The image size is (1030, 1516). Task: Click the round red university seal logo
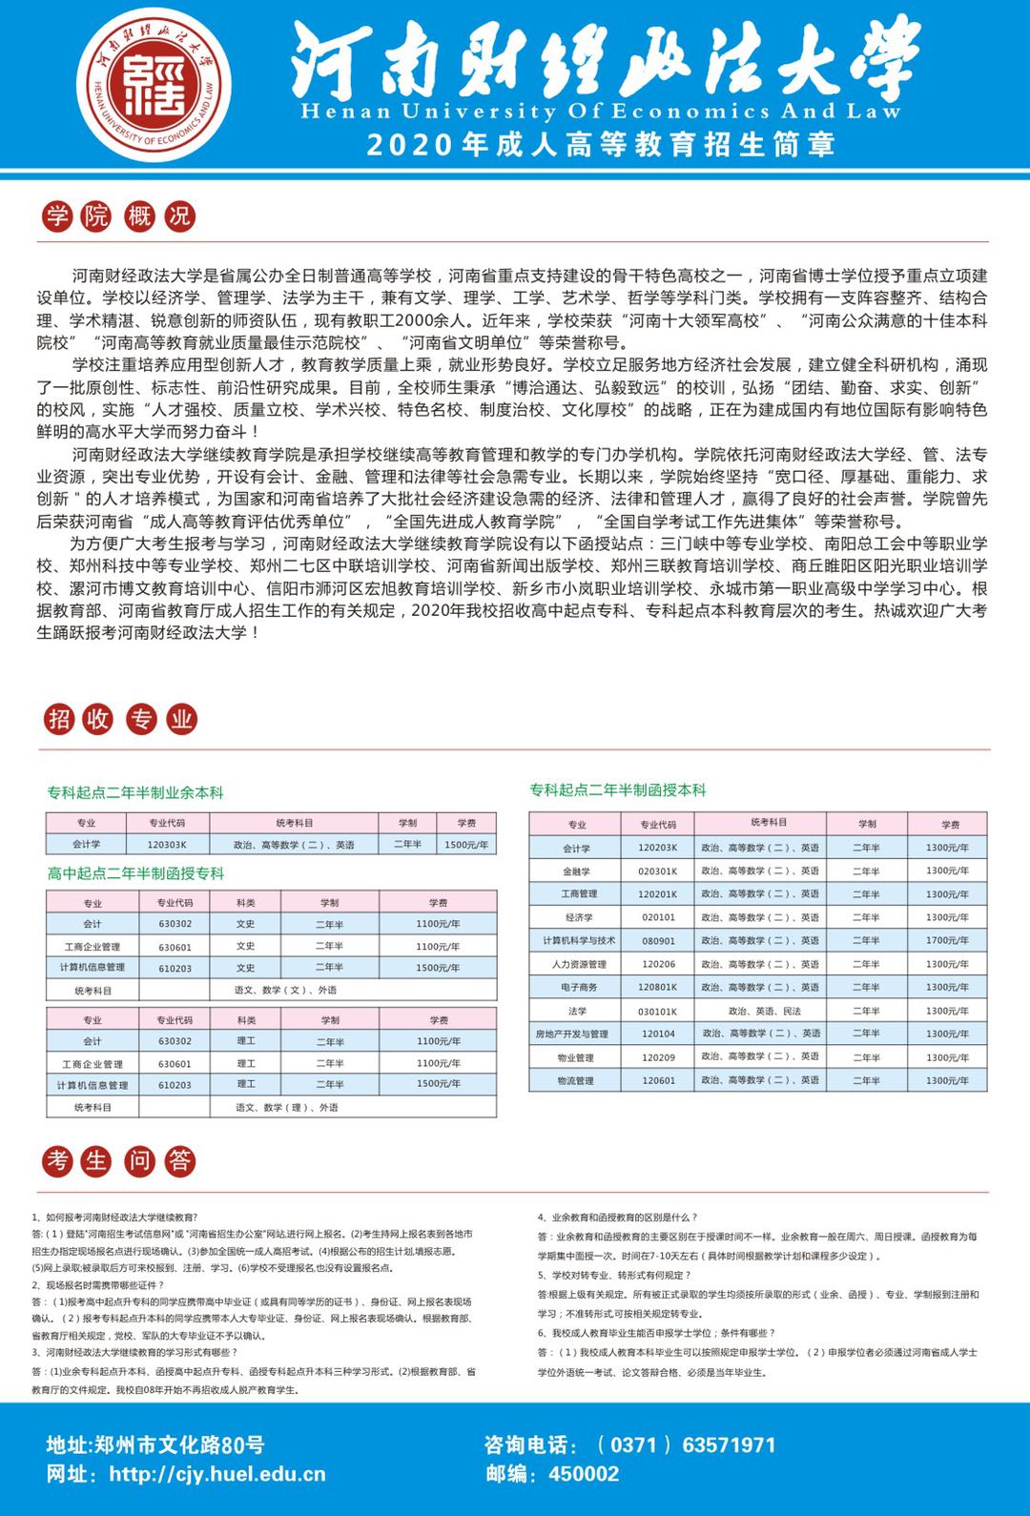point(154,85)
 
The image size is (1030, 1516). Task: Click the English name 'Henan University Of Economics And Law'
point(601,112)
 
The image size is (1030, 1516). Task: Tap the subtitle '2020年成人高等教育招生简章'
point(601,144)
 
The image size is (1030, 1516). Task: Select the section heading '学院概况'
point(118,216)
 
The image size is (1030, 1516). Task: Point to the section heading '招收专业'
point(118,719)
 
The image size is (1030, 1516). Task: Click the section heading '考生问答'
point(118,1160)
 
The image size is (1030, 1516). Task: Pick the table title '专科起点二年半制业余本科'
point(135,792)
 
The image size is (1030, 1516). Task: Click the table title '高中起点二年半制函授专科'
point(135,873)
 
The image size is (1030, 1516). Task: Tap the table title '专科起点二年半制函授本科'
point(618,789)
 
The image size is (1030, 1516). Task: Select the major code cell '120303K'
point(167,845)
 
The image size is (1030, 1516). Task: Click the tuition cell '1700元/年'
point(947,940)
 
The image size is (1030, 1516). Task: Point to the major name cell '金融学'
point(576,871)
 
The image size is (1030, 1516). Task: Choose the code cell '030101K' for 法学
point(658,1011)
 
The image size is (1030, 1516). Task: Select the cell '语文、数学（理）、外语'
point(287,1107)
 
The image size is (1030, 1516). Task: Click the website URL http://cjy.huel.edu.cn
point(217,1474)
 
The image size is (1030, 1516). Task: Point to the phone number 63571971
point(729,1444)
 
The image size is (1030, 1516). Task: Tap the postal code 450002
point(584,1474)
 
